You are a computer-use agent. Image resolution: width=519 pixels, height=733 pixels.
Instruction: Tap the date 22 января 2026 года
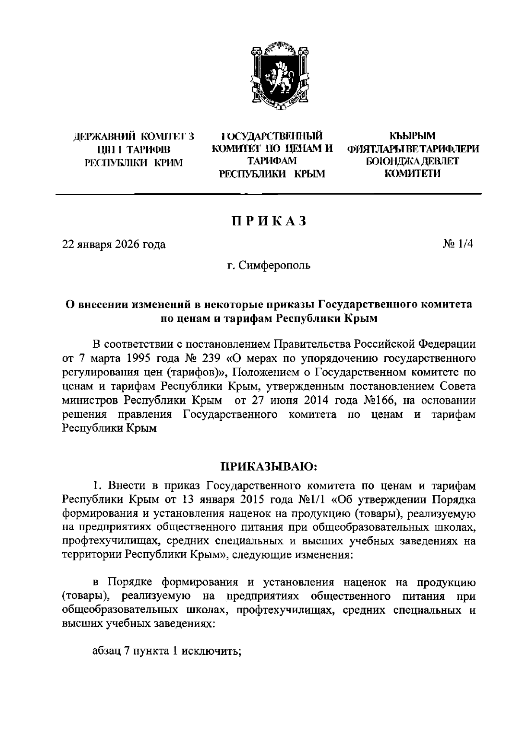click(114, 245)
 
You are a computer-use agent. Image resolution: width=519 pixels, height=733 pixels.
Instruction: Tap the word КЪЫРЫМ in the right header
click(413, 138)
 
